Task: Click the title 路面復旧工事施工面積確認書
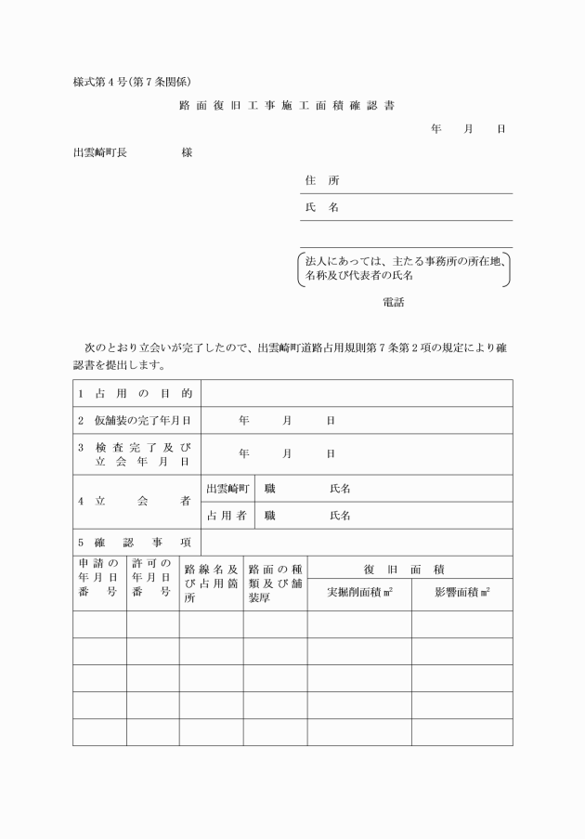287,106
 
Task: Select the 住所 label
321,180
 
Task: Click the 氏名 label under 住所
321,207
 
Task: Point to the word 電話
393,302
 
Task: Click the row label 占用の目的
136,394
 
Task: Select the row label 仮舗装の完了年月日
136,421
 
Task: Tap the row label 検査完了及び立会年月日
136,453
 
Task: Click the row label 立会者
136,502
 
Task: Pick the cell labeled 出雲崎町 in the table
227,489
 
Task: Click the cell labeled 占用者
227,516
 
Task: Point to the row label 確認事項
136,543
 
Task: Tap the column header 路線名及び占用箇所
211,583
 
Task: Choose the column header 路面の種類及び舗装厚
275,583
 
